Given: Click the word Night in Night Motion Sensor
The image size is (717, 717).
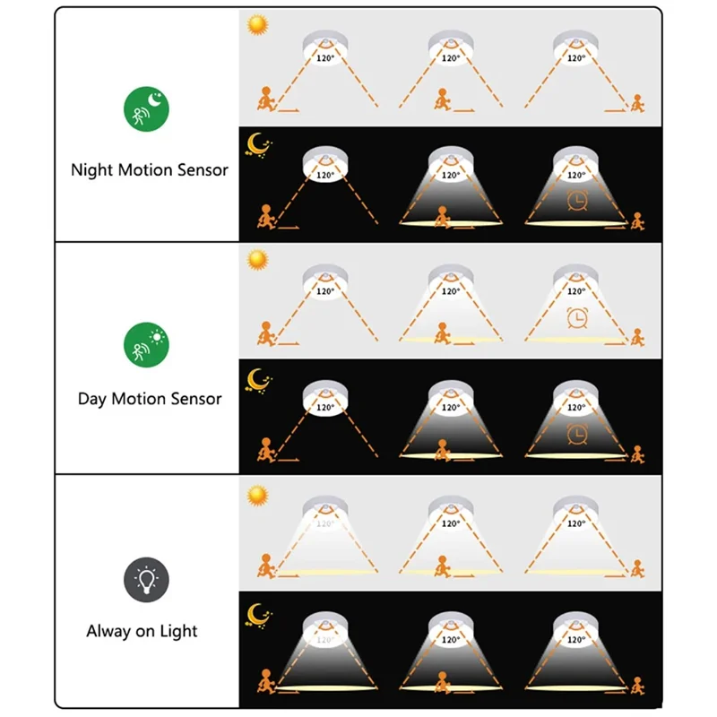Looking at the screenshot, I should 91,169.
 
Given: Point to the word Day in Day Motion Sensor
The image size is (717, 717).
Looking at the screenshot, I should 92,399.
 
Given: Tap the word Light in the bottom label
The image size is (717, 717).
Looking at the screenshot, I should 179,631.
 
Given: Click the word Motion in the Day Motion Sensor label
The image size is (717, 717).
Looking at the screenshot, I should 140,399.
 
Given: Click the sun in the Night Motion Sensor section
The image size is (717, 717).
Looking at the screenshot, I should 258,25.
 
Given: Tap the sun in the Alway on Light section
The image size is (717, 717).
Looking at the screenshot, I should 258,494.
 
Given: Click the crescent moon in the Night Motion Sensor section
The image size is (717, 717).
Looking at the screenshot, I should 260,144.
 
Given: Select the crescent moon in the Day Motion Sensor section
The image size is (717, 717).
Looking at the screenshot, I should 260,378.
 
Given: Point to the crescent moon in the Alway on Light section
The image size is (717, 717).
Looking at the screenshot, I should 260,613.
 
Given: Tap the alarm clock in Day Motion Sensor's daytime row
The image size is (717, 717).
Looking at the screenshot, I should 575,318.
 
